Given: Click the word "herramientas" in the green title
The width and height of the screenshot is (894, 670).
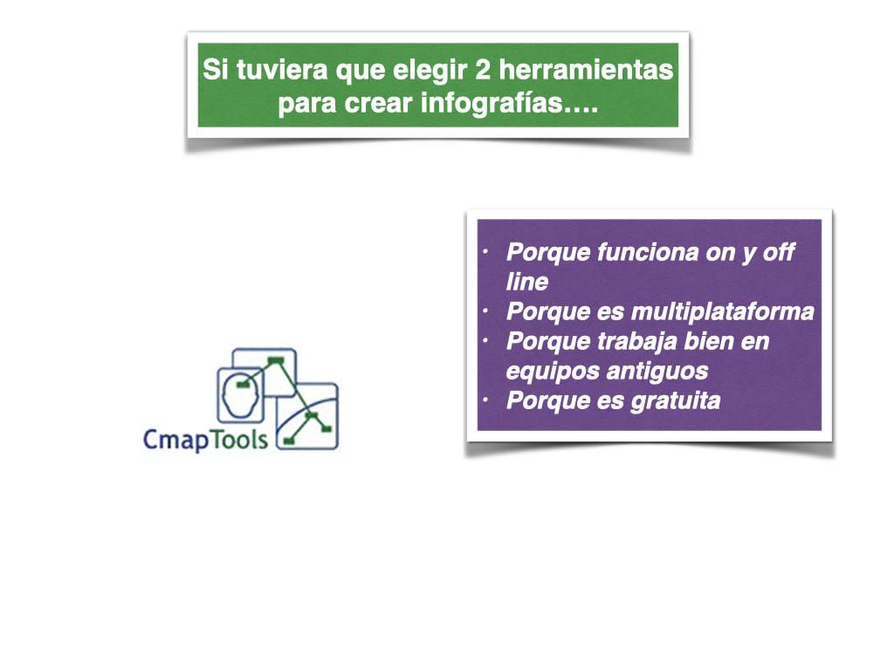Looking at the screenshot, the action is click(x=586, y=70).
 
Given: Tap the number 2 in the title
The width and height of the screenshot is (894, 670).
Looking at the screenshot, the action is click(x=482, y=70).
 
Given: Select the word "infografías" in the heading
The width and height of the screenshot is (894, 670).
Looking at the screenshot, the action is click(x=492, y=103).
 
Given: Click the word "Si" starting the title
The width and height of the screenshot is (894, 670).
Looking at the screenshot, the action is click(x=216, y=70).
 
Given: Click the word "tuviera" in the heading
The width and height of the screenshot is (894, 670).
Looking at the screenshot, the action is click(x=282, y=70).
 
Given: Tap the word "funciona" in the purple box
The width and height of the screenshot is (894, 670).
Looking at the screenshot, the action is click(x=648, y=252).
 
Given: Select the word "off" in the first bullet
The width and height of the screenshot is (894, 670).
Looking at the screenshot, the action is click(x=778, y=252).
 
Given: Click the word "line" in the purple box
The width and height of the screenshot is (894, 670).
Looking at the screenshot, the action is click(x=527, y=282).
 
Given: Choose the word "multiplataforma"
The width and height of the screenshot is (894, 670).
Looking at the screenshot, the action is click(x=723, y=311).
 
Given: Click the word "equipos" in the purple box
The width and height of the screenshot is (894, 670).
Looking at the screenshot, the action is click(x=553, y=372).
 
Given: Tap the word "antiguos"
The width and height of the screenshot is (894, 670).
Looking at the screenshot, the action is click(x=657, y=372).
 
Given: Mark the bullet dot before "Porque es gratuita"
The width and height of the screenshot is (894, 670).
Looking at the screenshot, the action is click(x=485, y=400).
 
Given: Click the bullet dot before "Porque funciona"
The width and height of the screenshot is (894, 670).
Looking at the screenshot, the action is click(x=485, y=251).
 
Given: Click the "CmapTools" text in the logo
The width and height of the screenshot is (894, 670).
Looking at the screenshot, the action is click(x=205, y=440).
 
